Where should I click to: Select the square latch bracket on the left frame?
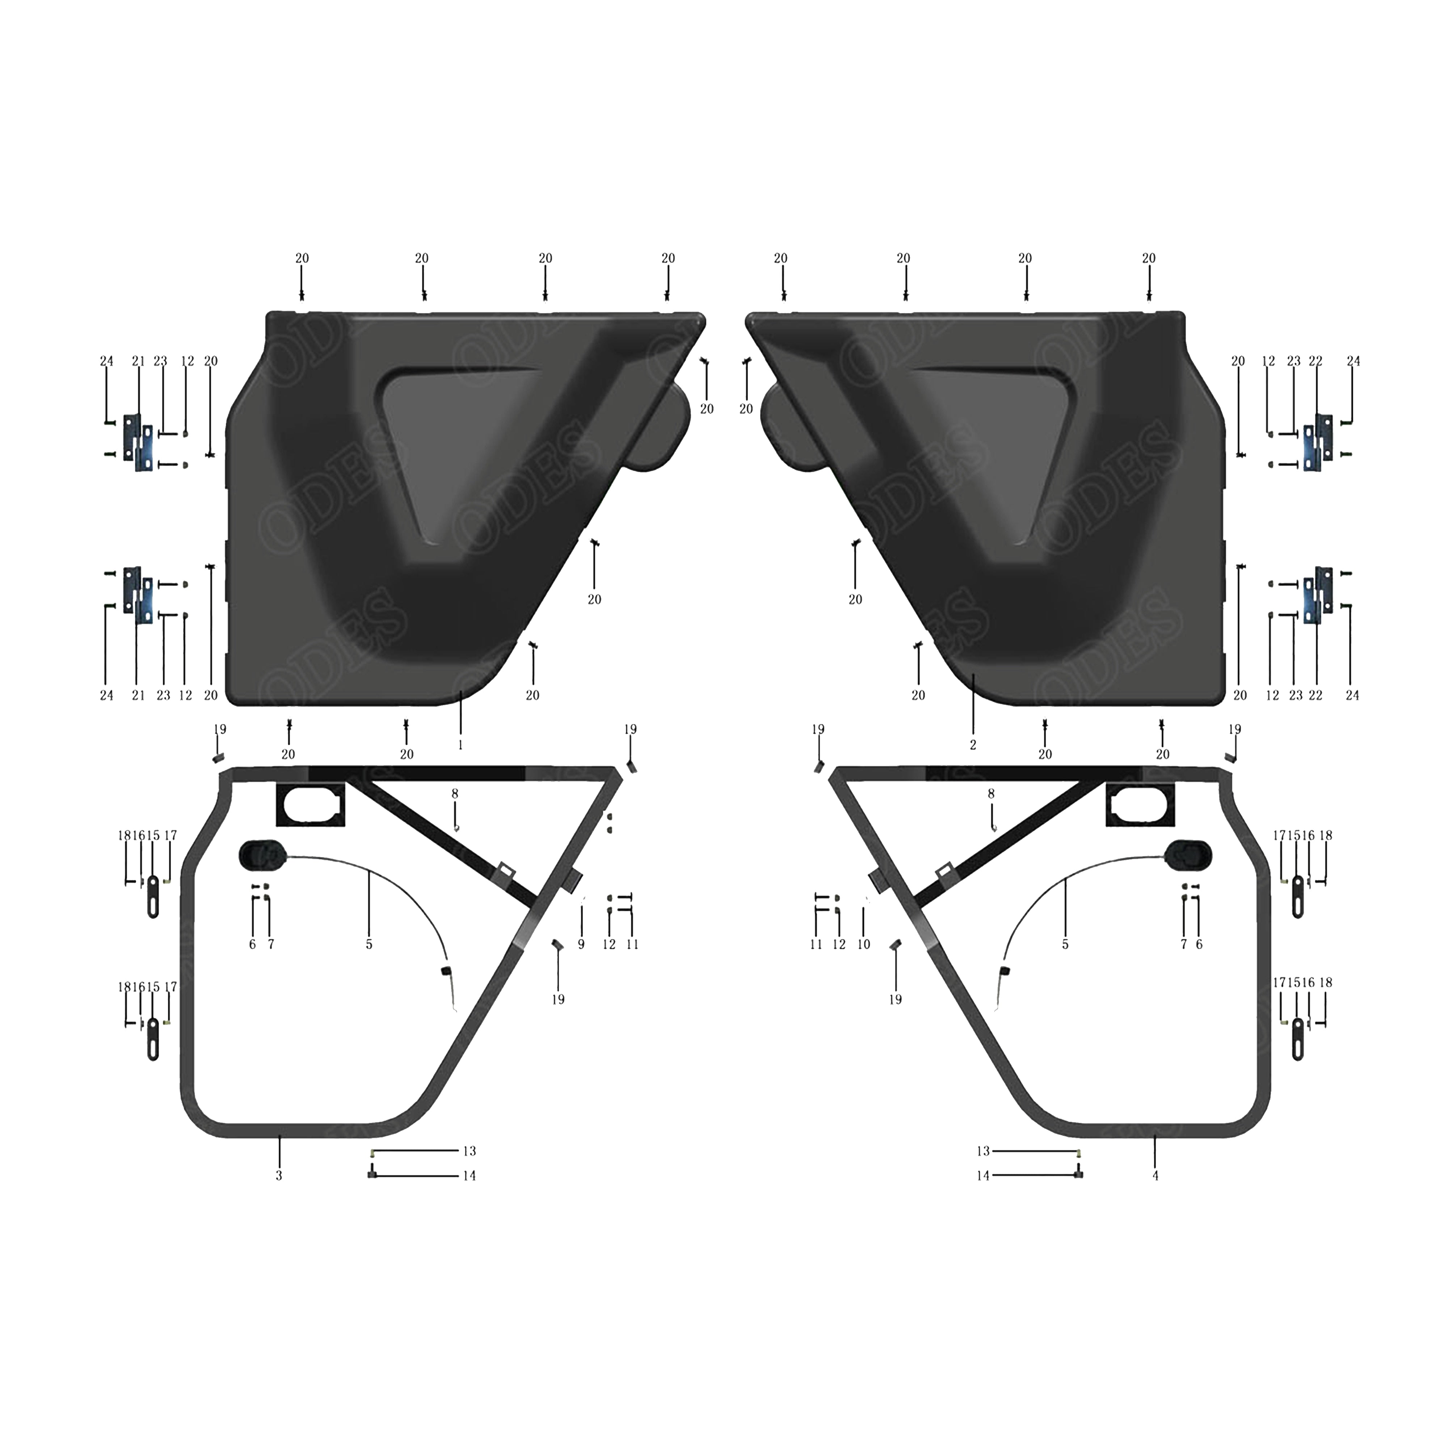click(x=311, y=803)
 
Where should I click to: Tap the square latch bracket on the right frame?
click(x=1138, y=803)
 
